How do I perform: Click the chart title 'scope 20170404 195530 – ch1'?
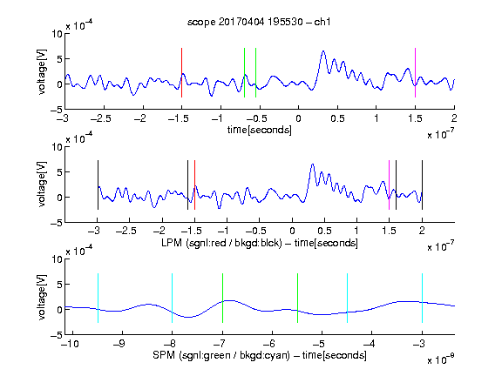259,22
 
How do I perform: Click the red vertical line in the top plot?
181,72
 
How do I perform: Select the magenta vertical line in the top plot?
415,72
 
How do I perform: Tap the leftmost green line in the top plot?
244,72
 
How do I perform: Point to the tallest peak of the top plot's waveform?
323,51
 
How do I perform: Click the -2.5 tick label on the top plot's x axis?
100,118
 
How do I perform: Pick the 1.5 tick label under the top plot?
415,118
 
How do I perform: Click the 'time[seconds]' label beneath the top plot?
260,130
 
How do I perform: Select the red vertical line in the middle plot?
194,185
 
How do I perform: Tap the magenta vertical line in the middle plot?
389,185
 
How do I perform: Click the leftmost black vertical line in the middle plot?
98,185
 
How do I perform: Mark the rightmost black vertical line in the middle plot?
422,185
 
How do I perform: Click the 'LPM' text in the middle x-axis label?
172,243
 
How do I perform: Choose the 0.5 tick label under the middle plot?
324,231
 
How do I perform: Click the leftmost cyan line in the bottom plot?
98,298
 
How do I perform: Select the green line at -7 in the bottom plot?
222,298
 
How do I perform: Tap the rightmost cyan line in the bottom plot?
422,298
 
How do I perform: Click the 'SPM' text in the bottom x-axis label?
164,355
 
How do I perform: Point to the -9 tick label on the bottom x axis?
119,344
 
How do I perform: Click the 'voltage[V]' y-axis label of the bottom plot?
42,297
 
